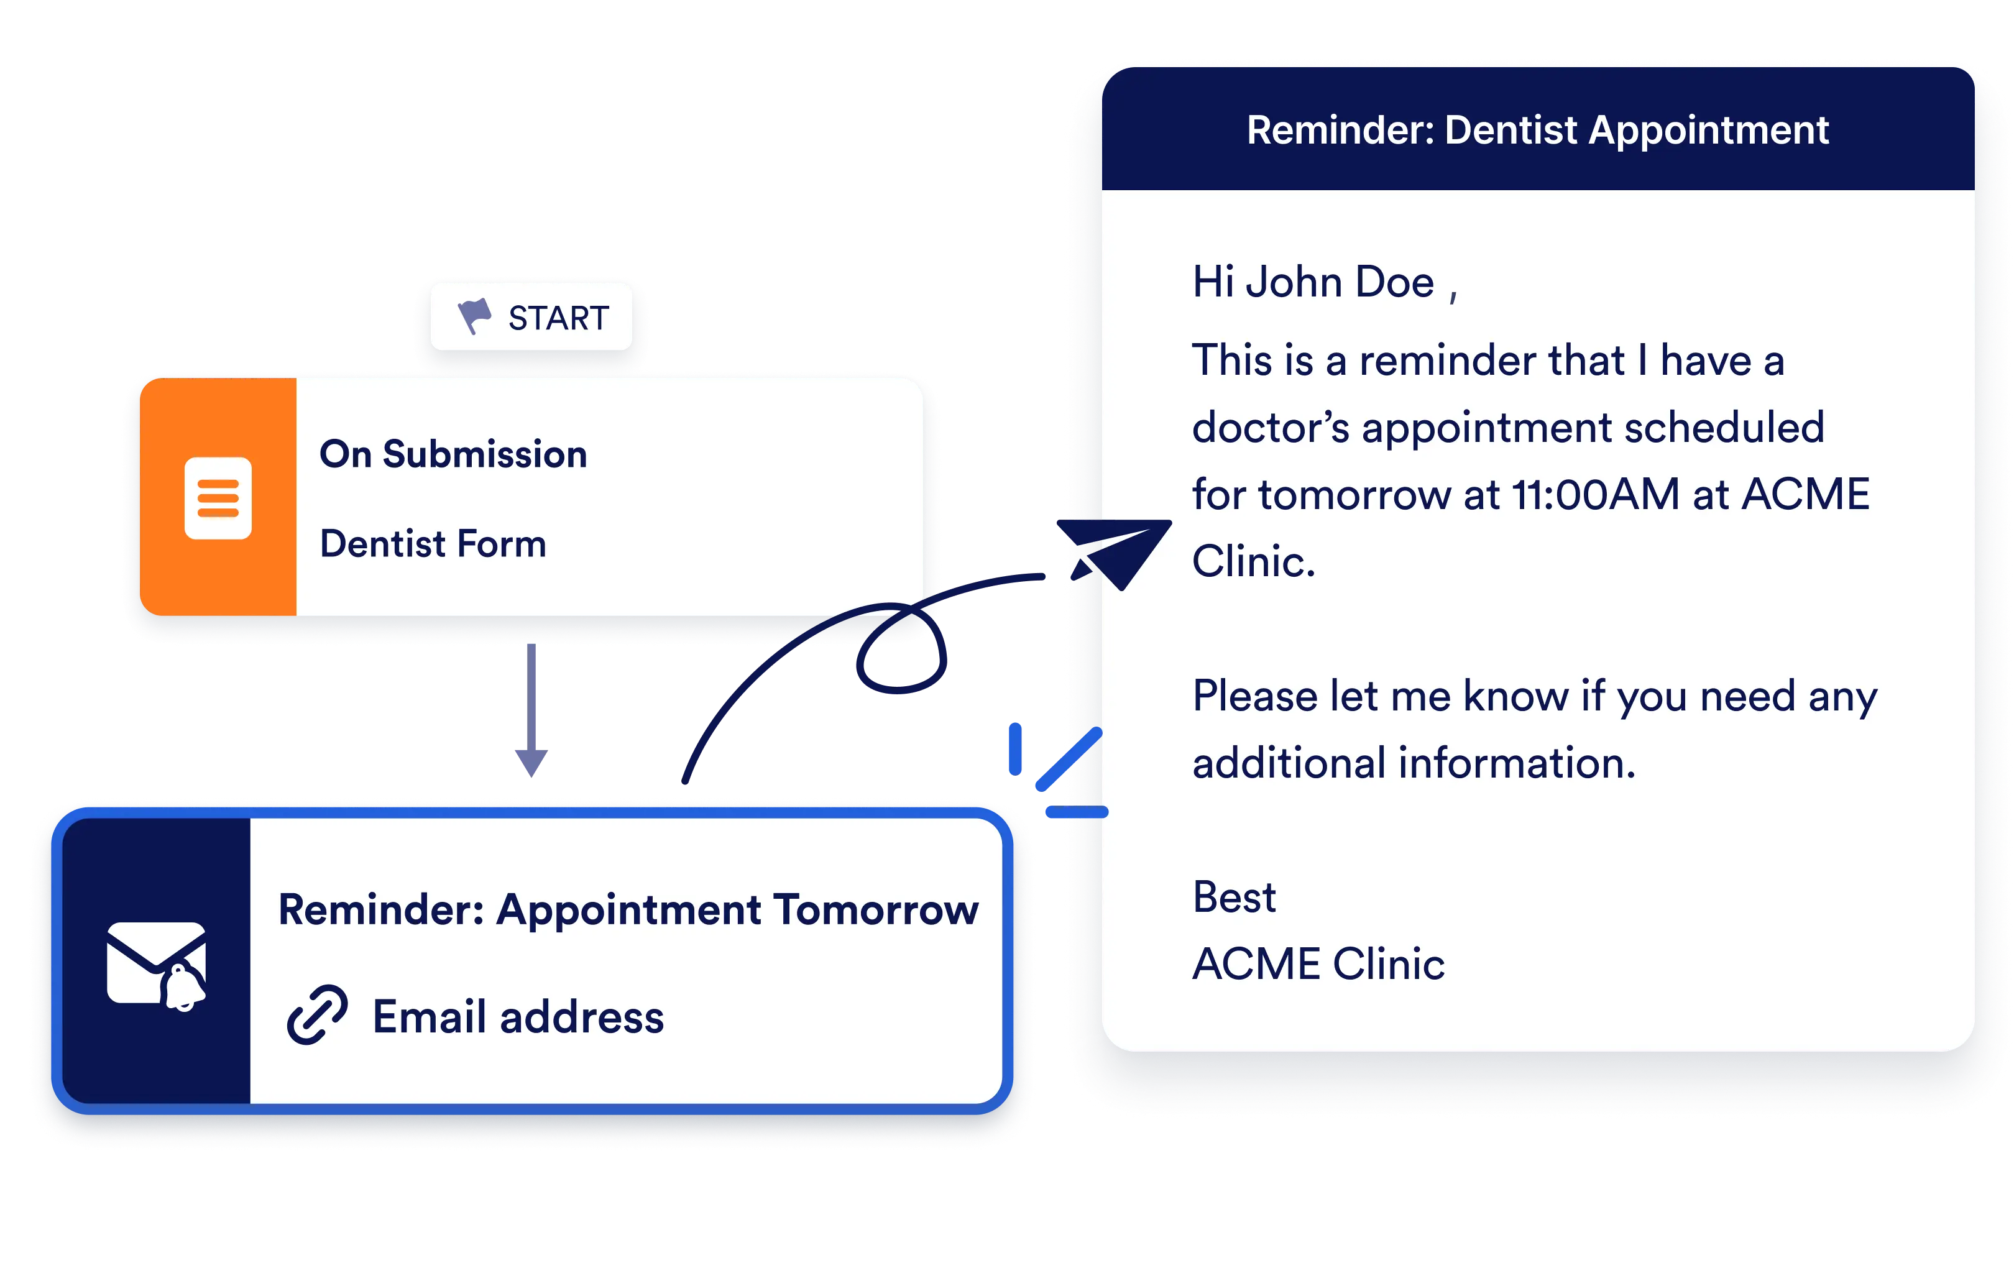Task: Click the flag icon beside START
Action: click(x=474, y=316)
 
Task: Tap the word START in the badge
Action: click(x=559, y=318)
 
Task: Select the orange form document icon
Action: click(x=218, y=498)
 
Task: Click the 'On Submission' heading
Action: click(x=453, y=454)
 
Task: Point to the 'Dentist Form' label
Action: click(x=433, y=544)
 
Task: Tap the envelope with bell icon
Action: click(x=157, y=965)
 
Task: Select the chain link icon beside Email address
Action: click(x=317, y=1014)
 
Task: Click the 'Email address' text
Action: click(x=518, y=1017)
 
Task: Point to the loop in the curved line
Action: click(x=901, y=648)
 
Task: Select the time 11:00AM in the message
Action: click(x=1595, y=494)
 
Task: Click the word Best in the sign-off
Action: click(x=1234, y=897)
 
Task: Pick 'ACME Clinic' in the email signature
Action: click(x=1318, y=963)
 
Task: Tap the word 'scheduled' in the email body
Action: click(x=1724, y=428)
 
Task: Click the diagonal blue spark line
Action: click(x=1069, y=760)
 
